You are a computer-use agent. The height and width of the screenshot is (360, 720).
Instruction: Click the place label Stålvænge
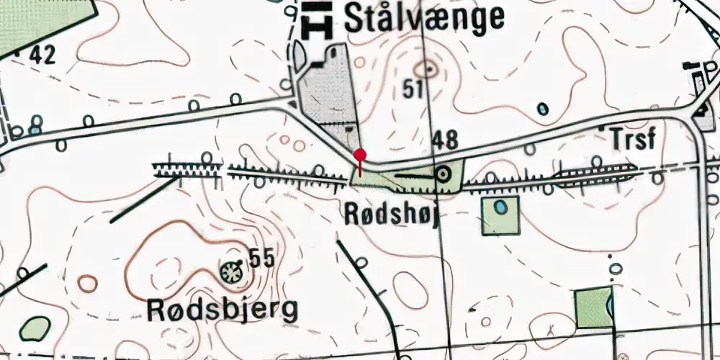[x=424, y=18]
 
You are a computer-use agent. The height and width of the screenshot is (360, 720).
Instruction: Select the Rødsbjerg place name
[x=222, y=310]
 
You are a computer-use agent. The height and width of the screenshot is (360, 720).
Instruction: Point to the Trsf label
[x=632, y=139]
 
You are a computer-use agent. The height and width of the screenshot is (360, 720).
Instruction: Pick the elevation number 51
[x=412, y=90]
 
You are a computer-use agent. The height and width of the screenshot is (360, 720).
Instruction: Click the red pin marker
[x=360, y=155]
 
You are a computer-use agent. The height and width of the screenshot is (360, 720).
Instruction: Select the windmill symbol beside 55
[x=231, y=271]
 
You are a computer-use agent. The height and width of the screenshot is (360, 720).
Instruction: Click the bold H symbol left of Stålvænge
[x=318, y=19]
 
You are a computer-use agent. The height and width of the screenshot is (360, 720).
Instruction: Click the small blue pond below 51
[x=543, y=109]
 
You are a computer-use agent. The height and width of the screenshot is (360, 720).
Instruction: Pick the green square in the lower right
[x=594, y=308]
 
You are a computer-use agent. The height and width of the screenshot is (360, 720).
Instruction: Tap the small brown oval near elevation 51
[x=429, y=69]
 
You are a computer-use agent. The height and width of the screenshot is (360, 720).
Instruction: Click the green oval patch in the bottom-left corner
[x=34, y=329]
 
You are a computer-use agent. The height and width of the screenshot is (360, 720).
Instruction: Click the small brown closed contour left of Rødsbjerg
[x=88, y=283]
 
